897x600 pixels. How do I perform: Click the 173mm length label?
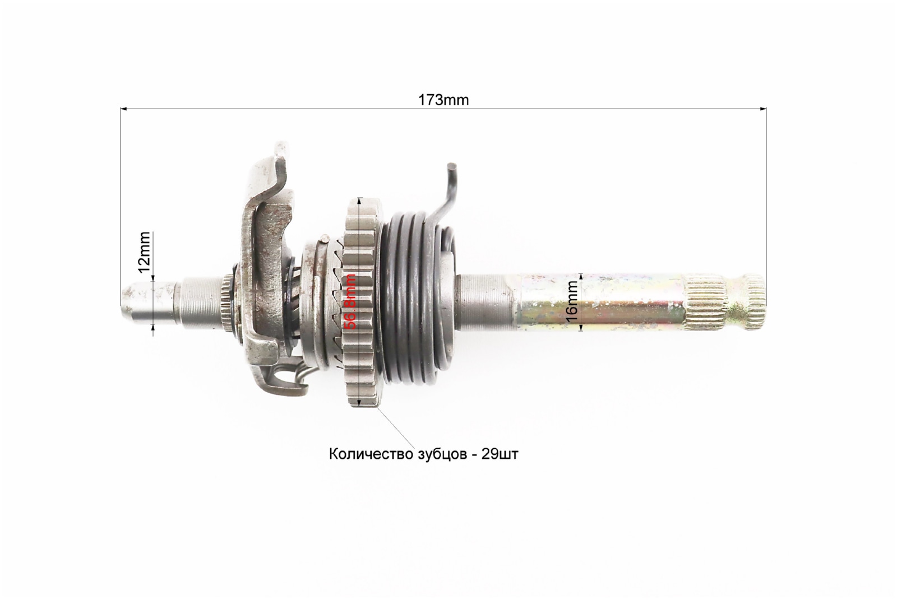(x=443, y=100)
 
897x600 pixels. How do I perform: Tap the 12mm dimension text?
(x=144, y=252)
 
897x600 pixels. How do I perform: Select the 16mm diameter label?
(x=573, y=301)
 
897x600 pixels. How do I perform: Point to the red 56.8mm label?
(x=350, y=301)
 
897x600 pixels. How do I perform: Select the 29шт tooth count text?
(x=500, y=454)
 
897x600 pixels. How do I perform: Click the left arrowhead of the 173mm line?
(x=123, y=108)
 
